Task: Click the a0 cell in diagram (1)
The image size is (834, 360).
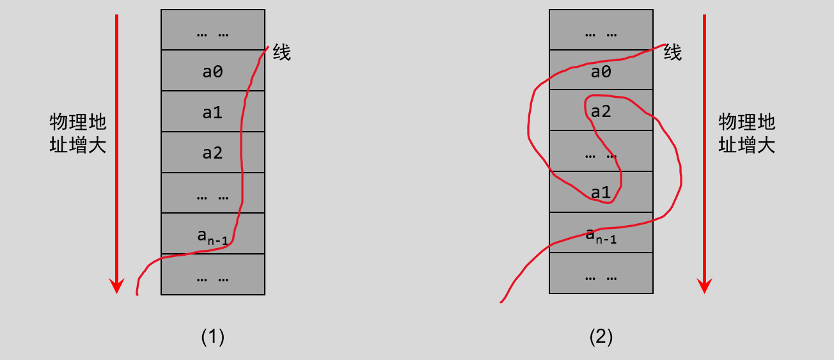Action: [x=212, y=70]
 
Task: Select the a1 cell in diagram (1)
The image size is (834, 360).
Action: [x=212, y=111]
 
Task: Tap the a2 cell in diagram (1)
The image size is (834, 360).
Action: [x=212, y=152]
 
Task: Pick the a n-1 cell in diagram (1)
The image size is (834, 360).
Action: [x=212, y=233]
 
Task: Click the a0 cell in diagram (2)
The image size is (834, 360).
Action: [x=601, y=70]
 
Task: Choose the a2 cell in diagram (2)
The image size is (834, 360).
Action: [x=601, y=110]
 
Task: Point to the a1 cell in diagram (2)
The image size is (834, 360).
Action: [x=601, y=192]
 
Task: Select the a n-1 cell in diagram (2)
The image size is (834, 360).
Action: [x=601, y=232]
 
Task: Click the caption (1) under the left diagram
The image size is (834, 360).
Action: [x=212, y=336]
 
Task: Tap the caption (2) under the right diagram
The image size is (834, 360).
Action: [x=601, y=336]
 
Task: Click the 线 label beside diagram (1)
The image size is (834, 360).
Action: [x=281, y=52]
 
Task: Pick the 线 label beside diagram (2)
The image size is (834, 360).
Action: [x=673, y=52]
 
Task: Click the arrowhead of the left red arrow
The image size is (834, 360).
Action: [x=116, y=286]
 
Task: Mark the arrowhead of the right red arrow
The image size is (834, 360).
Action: [x=704, y=286]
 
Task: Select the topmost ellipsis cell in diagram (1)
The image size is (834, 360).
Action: [x=212, y=30]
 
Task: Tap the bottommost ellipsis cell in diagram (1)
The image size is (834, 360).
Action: [x=212, y=274]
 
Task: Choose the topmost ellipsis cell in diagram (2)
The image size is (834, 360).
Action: [x=601, y=30]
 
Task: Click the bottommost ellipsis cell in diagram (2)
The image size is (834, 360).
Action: [x=601, y=273]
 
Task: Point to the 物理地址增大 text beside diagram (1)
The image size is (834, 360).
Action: [x=78, y=133]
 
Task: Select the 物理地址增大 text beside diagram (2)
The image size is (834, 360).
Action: [x=746, y=133]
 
